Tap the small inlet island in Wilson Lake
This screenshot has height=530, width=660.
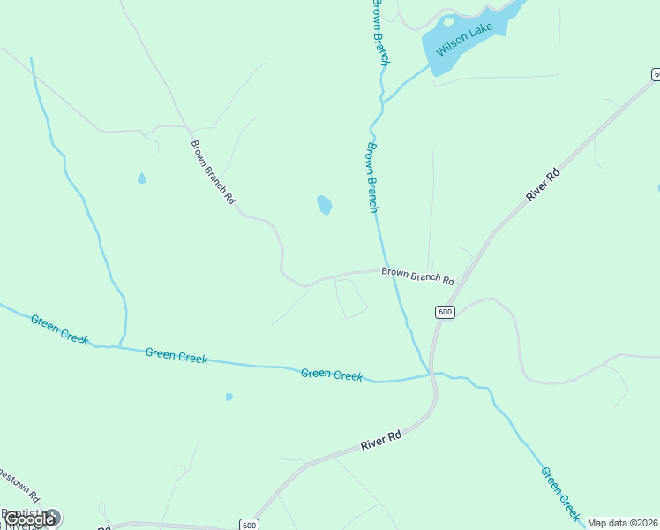pos(448,21)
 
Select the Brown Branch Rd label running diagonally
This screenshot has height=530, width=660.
pos(213,172)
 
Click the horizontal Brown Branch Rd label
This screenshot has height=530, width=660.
pos(417,276)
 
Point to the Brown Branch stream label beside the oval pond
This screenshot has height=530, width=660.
pos(372,178)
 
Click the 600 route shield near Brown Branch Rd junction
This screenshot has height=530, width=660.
pos(445,312)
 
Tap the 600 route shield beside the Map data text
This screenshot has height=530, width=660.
pos(249,525)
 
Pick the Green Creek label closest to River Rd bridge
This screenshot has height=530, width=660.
pos(332,375)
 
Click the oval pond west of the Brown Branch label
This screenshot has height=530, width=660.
pos(325,206)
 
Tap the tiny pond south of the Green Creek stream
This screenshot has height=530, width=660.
pos(229,397)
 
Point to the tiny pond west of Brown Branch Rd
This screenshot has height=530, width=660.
pos(141,178)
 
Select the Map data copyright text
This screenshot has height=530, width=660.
pos(622,523)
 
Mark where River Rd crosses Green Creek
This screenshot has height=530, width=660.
pos(433,375)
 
